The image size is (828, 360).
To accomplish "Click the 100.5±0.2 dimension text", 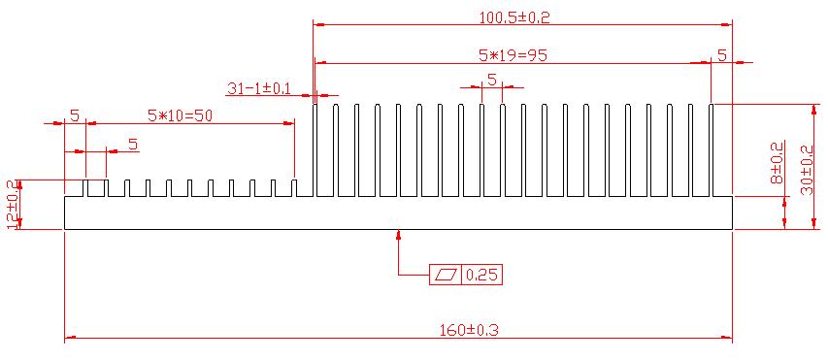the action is (514, 17).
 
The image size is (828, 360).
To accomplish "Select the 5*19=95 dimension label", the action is (512, 55).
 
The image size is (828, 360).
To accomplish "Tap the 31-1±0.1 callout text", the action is (259, 87).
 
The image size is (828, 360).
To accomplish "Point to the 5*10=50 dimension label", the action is (180, 115).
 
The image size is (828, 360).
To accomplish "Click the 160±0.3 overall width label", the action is (469, 330).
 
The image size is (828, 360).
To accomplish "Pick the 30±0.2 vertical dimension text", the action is (807, 171).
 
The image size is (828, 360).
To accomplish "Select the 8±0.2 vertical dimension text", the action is (777, 162).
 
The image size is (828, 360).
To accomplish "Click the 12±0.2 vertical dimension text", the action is (14, 205).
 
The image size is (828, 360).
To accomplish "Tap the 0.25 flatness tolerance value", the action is (482, 275).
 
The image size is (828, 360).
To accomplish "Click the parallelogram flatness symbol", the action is (446, 275).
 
